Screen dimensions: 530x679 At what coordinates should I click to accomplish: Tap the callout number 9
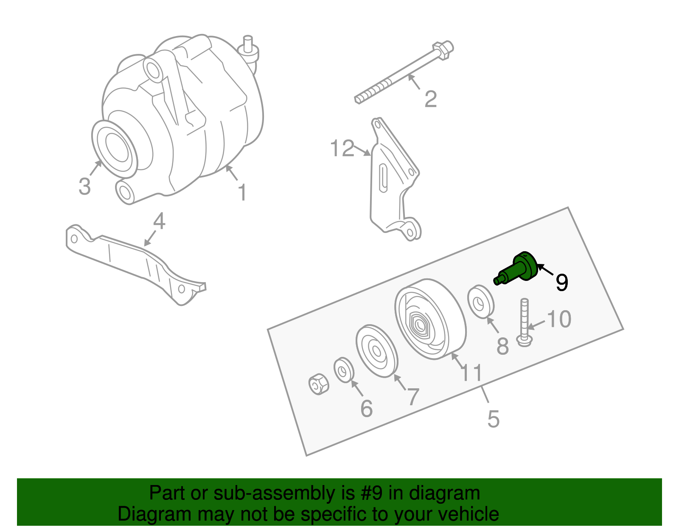pyautogui.click(x=561, y=283)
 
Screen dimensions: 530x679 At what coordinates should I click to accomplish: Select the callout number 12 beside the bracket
pyautogui.click(x=342, y=149)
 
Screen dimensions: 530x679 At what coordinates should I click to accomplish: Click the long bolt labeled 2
pyautogui.click(x=403, y=75)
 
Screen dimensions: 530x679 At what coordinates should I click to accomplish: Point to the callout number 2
pyautogui.click(x=430, y=99)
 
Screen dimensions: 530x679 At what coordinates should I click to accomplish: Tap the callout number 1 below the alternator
pyautogui.click(x=242, y=193)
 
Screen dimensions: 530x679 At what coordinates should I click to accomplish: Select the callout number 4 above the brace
pyautogui.click(x=159, y=221)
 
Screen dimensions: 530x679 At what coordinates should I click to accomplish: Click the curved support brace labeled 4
pyautogui.click(x=136, y=263)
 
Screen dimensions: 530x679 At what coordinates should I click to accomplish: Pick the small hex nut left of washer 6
pyautogui.click(x=318, y=384)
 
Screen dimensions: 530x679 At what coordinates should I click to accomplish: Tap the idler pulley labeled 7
pyautogui.click(x=377, y=351)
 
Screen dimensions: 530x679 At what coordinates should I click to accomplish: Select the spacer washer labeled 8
pyautogui.click(x=481, y=301)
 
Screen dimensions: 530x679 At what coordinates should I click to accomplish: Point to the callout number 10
pyautogui.click(x=559, y=319)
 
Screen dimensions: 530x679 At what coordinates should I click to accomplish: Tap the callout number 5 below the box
pyautogui.click(x=493, y=419)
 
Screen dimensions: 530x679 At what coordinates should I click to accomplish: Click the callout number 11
pyautogui.click(x=471, y=373)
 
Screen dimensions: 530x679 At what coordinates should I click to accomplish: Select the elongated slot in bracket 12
pyautogui.click(x=383, y=178)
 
